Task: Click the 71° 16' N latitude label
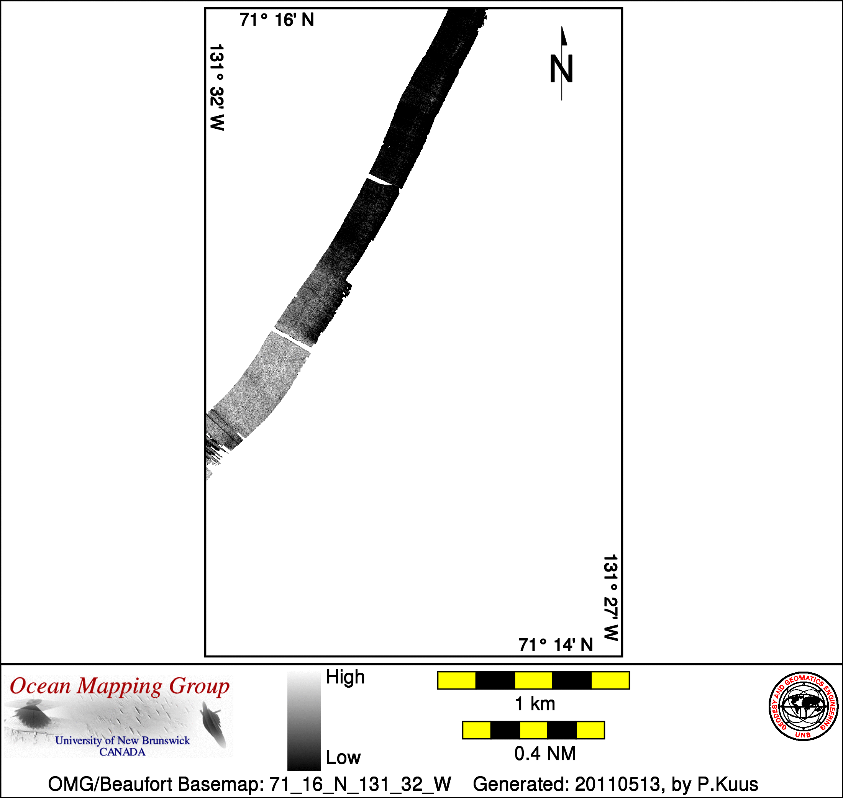click(x=277, y=20)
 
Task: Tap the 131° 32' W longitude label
click(x=217, y=87)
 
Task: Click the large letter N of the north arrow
click(x=561, y=69)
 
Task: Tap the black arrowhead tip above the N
click(x=562, y=26)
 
